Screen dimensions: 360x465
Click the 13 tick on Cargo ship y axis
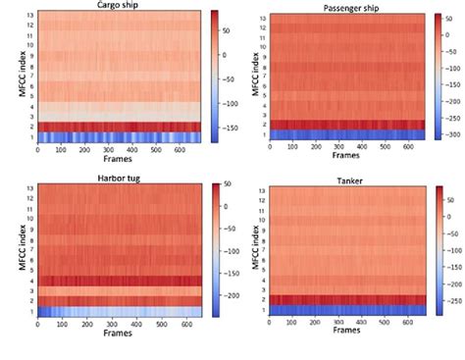30,16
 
